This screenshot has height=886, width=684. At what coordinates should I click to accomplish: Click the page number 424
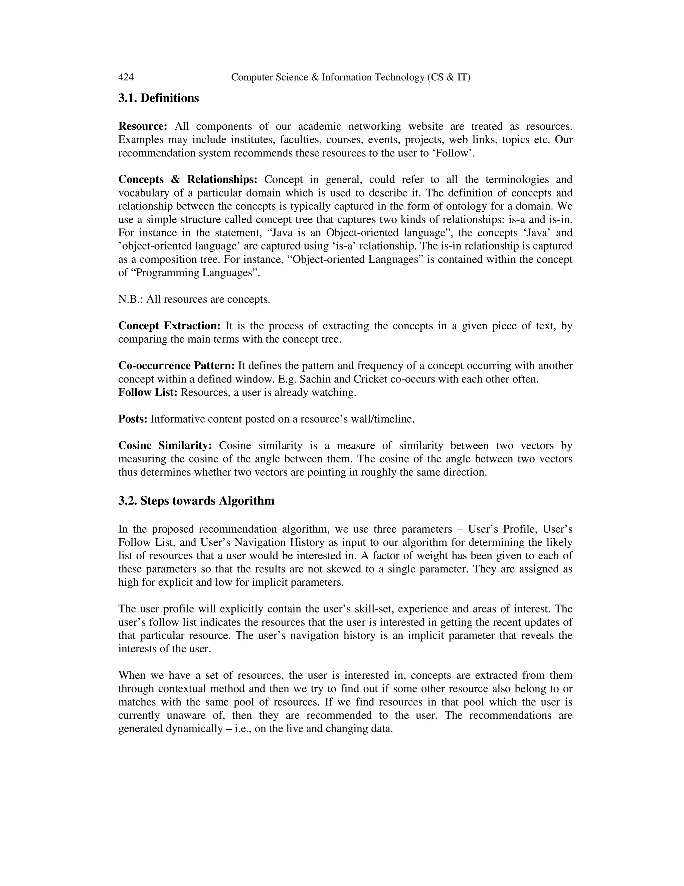(126, 77)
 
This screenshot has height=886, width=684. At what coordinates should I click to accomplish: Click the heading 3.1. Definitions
(158, 98)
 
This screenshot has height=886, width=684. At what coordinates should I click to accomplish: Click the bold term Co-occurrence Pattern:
(176, 365)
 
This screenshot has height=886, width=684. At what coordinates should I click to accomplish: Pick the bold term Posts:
(133, 419)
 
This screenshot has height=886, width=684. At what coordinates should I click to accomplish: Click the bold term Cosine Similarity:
(165, 445)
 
